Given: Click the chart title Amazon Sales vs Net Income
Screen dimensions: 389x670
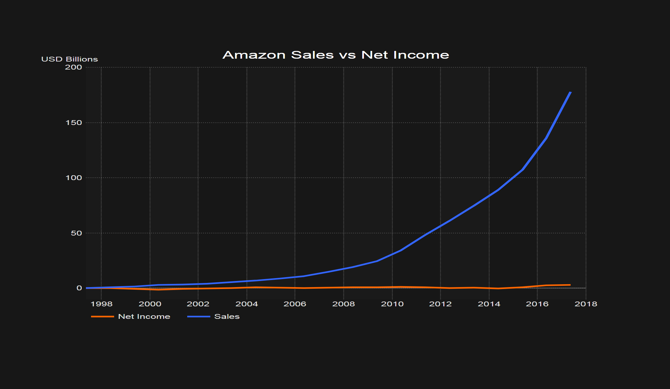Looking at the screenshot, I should [336, 55].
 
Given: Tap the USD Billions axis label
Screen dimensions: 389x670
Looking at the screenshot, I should [70, 59].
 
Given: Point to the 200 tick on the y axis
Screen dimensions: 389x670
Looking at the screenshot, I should [74, 67].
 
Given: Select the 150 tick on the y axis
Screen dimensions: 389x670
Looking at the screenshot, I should [74, 123].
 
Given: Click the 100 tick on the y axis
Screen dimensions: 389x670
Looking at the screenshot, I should [74, 178].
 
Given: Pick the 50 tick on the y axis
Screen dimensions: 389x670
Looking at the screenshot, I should [76, 233].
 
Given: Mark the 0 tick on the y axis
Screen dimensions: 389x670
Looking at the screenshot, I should [79, 288].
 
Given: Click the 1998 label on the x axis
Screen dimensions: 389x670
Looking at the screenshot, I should [102, 304].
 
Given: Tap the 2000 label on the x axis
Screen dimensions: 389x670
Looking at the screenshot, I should [150, 304].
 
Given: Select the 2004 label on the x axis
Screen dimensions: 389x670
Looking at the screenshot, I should [247, 304].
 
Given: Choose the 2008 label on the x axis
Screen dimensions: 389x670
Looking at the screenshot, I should [344, 304].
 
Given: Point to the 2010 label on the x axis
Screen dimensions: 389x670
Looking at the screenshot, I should [392, 304].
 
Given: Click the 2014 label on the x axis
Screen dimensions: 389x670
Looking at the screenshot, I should [489, 304].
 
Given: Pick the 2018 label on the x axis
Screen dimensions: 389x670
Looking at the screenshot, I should [586, 304].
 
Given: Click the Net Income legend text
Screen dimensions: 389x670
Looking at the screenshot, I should [144, 317].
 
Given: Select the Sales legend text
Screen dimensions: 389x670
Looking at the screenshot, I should [227, 317].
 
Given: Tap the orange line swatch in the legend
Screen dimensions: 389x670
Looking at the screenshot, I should [103, 317].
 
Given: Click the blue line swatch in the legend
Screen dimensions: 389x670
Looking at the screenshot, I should [199, 317].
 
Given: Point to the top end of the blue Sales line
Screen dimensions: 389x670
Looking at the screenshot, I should [570, 92].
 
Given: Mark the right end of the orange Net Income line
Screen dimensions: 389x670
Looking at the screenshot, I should [570, 285].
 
